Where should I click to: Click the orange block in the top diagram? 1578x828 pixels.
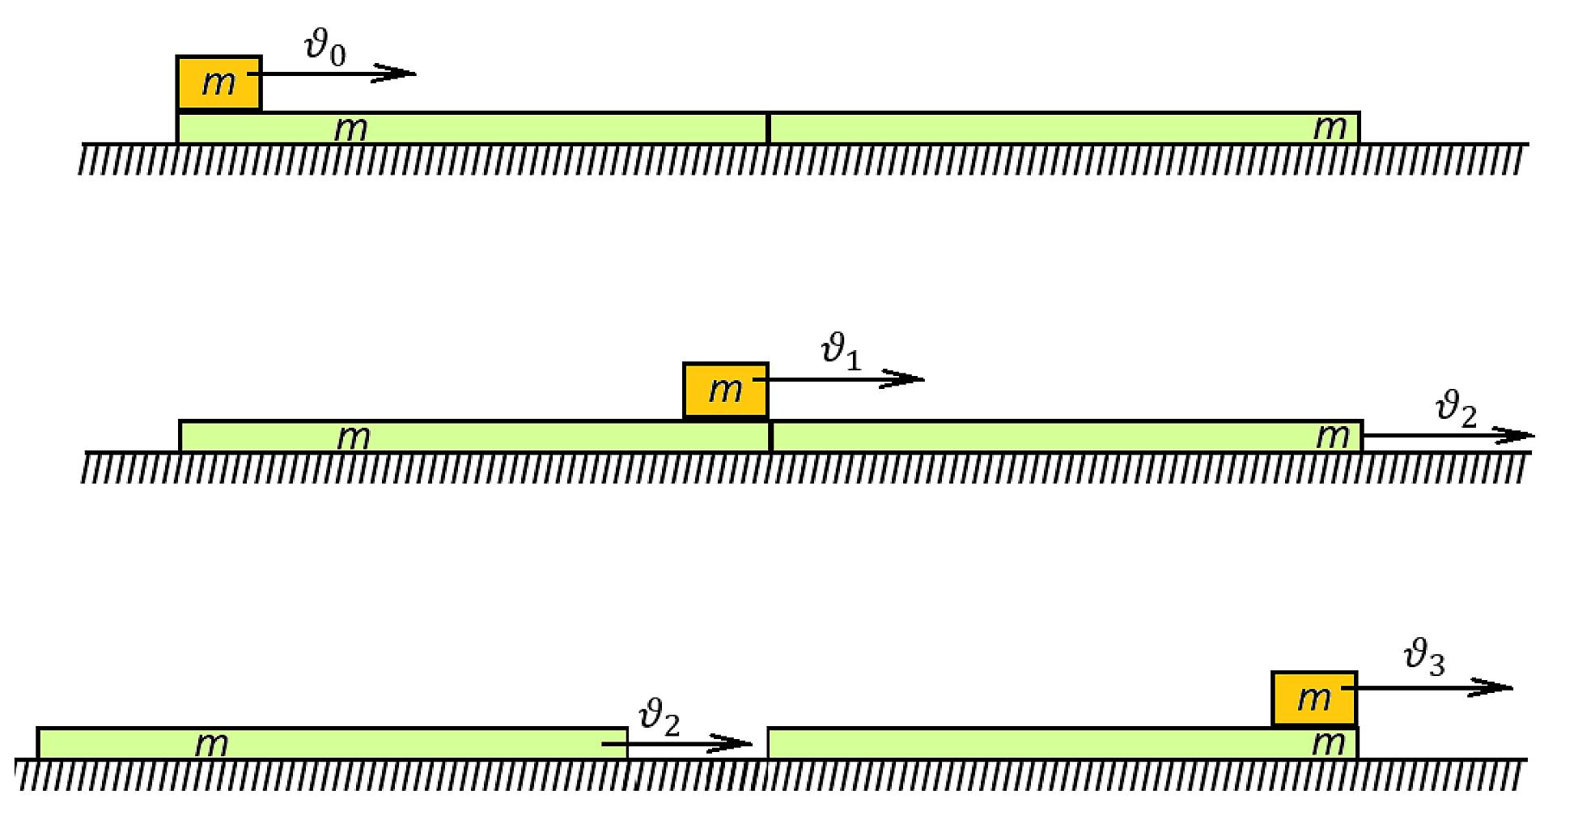point(218,83)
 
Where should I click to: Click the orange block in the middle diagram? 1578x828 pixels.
point(726,391)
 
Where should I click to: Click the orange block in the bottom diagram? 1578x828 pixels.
point(1314,699)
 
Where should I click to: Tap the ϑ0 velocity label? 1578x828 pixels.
point(325,48)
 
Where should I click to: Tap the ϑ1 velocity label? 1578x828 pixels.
point(841,353)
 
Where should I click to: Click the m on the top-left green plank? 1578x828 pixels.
point(351,129)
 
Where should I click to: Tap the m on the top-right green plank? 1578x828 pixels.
point(1330,129)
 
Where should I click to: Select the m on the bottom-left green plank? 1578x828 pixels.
point(212,745)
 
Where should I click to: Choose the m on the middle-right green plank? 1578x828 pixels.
point(1333,437)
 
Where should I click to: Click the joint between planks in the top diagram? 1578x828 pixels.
point(768,129)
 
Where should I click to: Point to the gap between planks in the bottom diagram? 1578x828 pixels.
point(698,743)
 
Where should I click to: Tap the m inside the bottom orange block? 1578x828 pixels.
point(1314,699)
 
